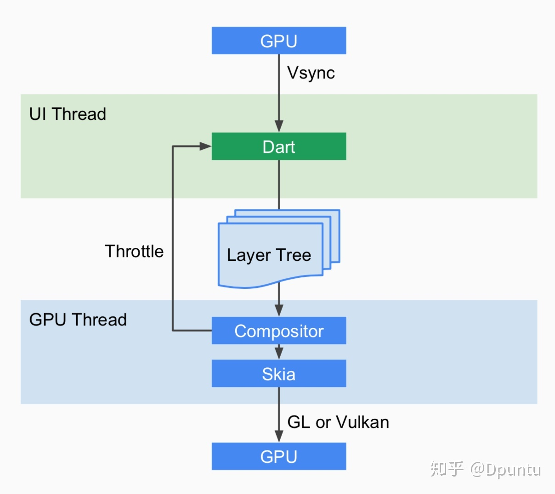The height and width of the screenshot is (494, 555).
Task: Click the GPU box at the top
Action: click(x=278, y=41)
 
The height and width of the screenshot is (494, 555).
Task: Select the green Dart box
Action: click(x=278, y=146)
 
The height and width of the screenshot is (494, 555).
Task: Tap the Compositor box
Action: click(x=278, y=331)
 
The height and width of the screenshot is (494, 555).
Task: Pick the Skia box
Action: click(x=278, y=374)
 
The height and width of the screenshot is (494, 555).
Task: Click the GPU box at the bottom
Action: click(x=278, y=456)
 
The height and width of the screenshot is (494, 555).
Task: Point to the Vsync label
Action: click(x=311, y=73)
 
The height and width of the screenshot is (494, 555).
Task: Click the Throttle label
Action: click(x=134, y=251)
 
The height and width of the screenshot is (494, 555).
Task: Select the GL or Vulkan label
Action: click(x=338, y=422)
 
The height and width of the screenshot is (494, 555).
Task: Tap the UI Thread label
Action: click(x=68, y=114)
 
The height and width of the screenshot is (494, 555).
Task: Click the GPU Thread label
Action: click(x=78, y=320)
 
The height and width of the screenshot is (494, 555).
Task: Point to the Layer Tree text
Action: click(x=269, y=255)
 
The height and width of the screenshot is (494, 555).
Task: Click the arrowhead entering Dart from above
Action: click(x=279, y=126)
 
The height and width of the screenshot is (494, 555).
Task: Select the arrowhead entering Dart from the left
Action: click(x=205, y=146)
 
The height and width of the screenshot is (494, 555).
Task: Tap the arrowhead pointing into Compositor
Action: click(x=279, y=310)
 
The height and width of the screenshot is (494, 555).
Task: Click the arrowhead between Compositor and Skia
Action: click(x=279, y=353)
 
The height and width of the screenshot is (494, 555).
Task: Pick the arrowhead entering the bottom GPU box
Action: click(x=279, y=436)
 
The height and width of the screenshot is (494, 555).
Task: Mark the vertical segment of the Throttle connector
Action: click(x=172, y=239)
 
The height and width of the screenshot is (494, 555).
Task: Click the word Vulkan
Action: click(x=362, y=422)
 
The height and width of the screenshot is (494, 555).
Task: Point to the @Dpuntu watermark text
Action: click(x=505, y=469)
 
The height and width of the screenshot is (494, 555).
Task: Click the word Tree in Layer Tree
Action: click(x=294, y=255)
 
